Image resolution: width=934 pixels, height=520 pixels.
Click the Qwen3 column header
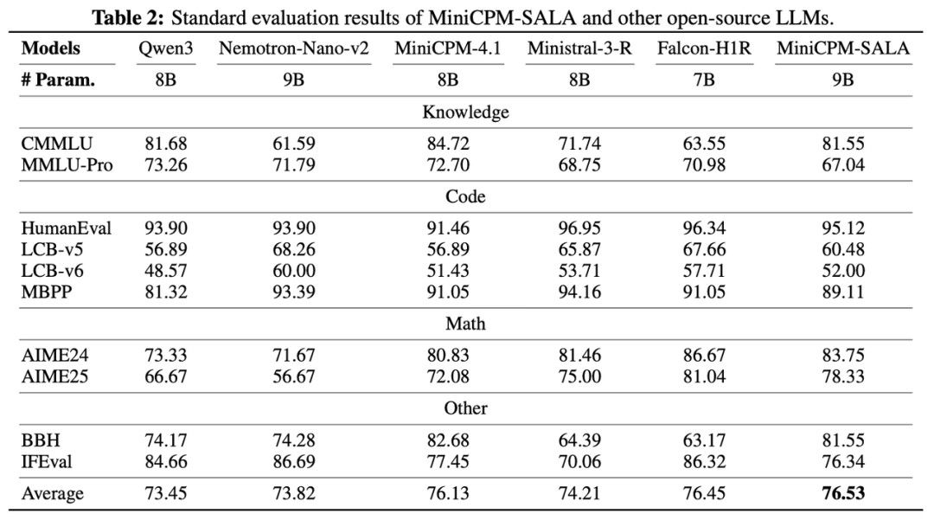[165, 48]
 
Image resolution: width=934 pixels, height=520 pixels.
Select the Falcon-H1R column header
[704, 48]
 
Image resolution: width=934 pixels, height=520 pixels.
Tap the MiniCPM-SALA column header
[843, 48]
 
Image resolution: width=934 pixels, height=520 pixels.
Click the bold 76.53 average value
[843, 494]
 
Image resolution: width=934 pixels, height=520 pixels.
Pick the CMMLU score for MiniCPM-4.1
[447, 144]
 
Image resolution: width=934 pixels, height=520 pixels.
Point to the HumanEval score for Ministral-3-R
[579, 228]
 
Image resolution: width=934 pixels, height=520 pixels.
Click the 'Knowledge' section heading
[465, 112]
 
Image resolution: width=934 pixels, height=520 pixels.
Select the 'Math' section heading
[465, 324]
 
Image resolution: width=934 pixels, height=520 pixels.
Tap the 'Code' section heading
[465, 196]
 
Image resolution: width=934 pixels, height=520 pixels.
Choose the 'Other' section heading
[465, 408]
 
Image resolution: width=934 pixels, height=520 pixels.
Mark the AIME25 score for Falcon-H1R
[704, 374]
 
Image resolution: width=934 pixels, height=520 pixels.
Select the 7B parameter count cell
[704, 80]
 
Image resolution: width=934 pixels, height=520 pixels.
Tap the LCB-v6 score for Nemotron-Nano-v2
[294, 271]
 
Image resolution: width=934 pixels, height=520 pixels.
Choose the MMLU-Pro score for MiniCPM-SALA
[843, 164]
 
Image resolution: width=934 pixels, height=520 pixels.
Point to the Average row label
[53, 494]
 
